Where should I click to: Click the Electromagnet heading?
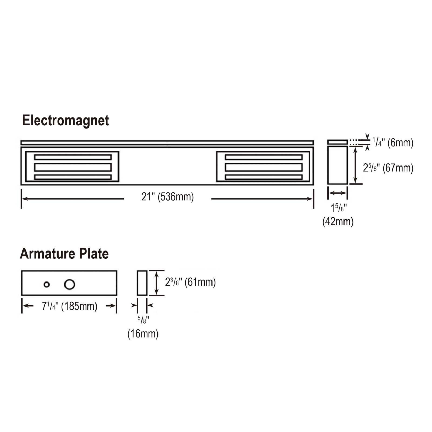click(65, 120)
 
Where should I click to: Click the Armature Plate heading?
click(64, 254)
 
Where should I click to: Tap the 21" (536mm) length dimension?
click(167, 197)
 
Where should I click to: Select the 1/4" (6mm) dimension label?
click(393, 142)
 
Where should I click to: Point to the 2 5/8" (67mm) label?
click(388, 168)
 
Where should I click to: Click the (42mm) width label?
click(338, 222)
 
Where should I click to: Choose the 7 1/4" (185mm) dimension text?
click(69, 306)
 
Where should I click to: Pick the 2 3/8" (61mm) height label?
click(190, 282)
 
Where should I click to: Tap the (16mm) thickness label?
click(143, 334)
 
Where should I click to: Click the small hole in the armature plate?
click(46, 284)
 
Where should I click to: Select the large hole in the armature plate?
click(69, 284)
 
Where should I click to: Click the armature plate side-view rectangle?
click(142, 283)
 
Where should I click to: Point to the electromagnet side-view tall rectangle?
click(337, 165)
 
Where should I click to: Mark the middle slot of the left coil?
click(73, 167)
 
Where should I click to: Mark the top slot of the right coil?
click(264, 157)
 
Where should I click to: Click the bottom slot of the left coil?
click(73, 177)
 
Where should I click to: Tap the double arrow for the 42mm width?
click(337, 193)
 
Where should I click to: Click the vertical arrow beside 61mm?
click(156, 283)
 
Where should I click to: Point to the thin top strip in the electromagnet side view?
click(337, 142)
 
